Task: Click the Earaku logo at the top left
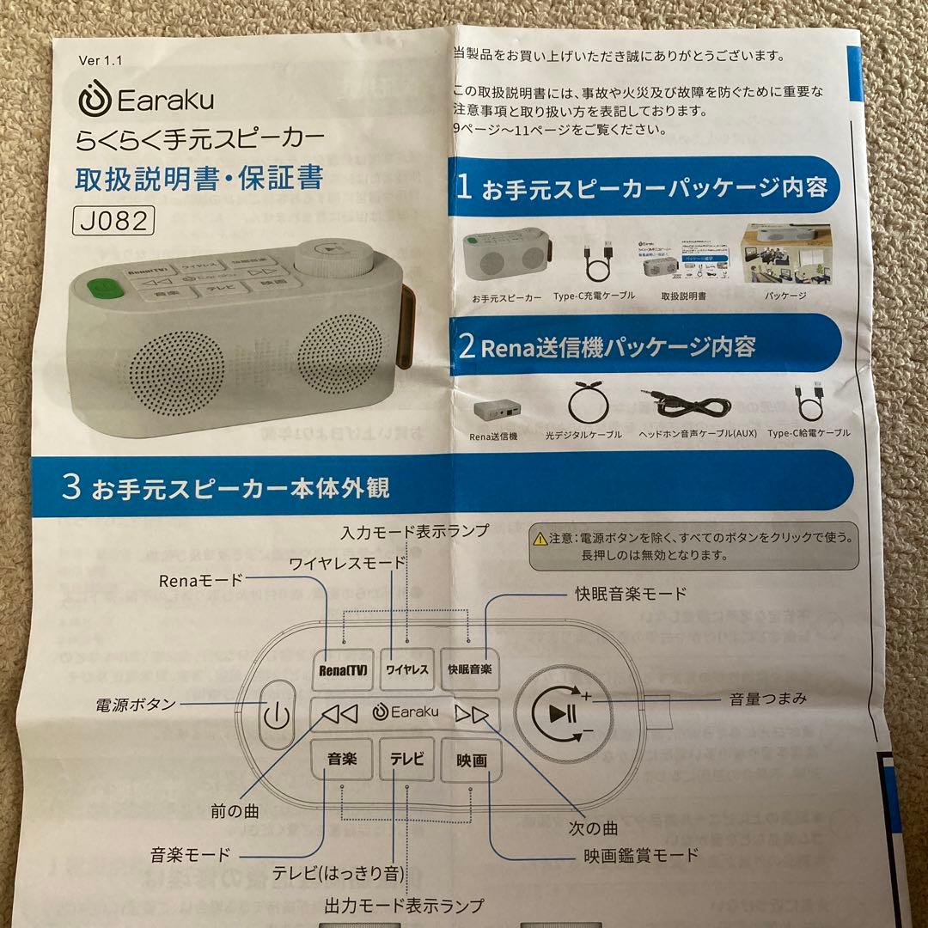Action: click(x=146, y=99)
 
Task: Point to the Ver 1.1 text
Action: click(x=101, y=60)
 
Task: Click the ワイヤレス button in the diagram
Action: click(x=407, y=670)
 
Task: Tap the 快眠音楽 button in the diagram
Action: click(x=470, y=669)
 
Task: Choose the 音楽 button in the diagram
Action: click(x=341, y=760)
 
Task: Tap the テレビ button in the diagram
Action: click(x=407, y=760)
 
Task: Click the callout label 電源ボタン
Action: click(x=135, y=705)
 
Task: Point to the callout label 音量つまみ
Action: click(x=767, y=699)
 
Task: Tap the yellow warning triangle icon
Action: click(x=540, y=539)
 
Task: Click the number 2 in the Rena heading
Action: click(x=467, y=347)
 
